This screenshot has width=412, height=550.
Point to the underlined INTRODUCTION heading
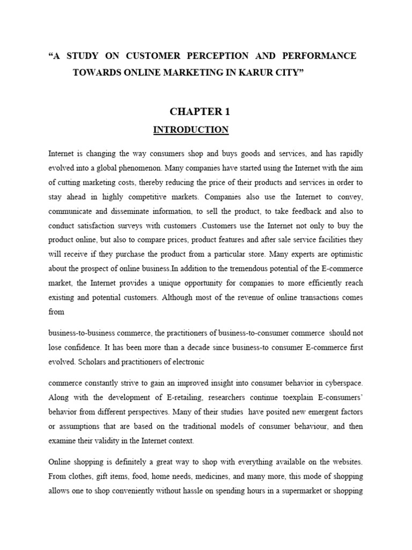click(x=190, y=129)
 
